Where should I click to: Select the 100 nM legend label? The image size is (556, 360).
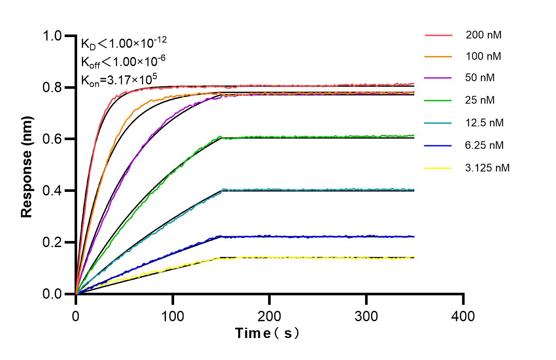click(x=483, y=56)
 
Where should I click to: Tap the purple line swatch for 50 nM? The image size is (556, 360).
click(x=438, y=78)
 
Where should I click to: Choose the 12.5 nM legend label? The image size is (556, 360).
click(x=484, y=123)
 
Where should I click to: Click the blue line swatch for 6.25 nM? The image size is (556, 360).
click(x=438, y=146)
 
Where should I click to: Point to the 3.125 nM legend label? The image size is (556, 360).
click(x=487, y=168)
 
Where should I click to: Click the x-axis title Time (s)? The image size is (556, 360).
click(x=267, y=333)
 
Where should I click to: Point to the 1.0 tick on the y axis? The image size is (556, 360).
click(x=53, y=36)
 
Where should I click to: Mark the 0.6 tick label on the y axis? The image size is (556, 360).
click(x=53, y=139)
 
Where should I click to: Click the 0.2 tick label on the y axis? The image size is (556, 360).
click(x=53, y=242)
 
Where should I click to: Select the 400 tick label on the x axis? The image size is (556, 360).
click(x=463, y=316)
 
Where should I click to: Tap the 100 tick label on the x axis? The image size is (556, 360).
click(x=172, y=316)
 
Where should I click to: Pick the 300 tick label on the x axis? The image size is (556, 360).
click(x=366, y=316)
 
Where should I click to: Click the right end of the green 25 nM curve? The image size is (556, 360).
click(x=414, y=135)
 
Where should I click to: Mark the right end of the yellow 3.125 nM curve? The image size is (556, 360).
click(x=414, y=257)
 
